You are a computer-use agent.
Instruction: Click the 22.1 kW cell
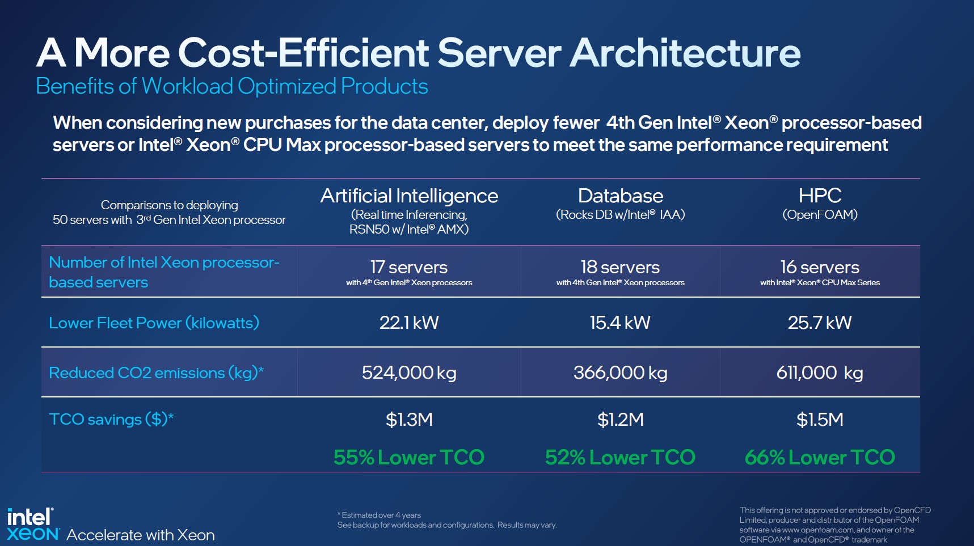(409, 323)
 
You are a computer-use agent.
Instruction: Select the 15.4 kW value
(620, 323)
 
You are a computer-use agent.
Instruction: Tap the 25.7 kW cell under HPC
(820, 323)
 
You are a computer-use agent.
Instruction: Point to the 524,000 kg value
(409, 373)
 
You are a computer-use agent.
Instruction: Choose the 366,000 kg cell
(620, 373)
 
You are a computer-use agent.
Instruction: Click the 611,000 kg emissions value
(820, 373)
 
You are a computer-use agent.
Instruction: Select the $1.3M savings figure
(409, 420)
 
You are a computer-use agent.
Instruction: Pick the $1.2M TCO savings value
(620, 420)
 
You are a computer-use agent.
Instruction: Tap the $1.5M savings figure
(820, 420)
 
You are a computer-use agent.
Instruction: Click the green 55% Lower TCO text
(409, 457)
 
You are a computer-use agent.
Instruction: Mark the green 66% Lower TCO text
(820, 457)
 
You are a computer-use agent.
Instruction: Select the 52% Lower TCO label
(620, 457)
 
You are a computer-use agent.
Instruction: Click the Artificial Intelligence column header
(409, 196)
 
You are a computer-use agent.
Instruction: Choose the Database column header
(620, 196)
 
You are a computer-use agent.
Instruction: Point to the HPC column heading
(820, 196)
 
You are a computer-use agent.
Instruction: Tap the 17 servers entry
(409, 267)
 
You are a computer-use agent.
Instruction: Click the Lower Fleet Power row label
(154, 323)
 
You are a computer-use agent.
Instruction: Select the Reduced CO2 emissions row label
(156, 373)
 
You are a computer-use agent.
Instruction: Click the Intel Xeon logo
(33, 524)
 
